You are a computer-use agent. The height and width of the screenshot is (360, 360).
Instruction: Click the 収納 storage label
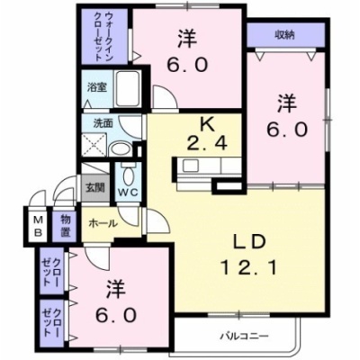click(x=285, y=35)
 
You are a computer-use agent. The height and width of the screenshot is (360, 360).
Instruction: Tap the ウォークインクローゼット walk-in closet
click(x=104, y=36)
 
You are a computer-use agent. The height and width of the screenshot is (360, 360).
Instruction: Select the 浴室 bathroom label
click(x=96, y=87)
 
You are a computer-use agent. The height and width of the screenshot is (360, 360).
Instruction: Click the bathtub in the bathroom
click(x=128, y=88)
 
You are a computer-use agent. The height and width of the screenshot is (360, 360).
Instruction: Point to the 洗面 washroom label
click(x=103, y=123)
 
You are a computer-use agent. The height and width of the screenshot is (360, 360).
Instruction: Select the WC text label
click(x=127, y=193)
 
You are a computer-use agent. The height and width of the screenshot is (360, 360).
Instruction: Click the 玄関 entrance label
click(x=95, y=188)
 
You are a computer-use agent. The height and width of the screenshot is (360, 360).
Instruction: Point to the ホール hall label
click(x=103, y=223)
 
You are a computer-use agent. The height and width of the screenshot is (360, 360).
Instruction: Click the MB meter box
click(x=37, y=226)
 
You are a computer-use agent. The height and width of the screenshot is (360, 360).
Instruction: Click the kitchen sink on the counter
click(x=190, y=166)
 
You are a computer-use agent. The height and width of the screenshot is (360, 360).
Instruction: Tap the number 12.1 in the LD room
click(x=248, y=267)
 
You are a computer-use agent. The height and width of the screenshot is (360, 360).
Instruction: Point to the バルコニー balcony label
click(x=244, y=336)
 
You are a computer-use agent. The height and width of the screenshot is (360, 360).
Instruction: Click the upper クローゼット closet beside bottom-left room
click(x=52, y=271)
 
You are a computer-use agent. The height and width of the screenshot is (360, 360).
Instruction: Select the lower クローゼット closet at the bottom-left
click(x=52, y=322)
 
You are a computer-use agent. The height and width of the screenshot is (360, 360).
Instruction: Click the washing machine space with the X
click(x=94, y=144)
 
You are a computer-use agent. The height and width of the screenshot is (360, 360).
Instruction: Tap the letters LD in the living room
click(x=249, y=243)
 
